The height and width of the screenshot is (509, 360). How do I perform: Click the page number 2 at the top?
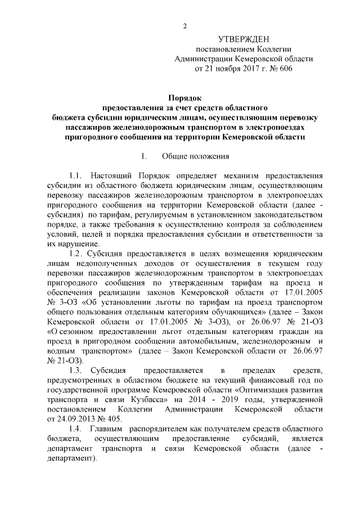tap(184, 25)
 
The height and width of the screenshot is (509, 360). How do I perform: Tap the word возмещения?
tap(247, 254)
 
